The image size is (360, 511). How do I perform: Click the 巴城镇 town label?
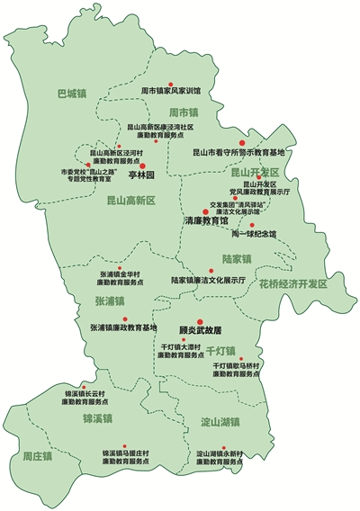70,93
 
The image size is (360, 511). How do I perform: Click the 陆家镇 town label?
237,259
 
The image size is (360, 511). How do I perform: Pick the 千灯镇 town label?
220,349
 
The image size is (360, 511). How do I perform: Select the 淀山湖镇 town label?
220,421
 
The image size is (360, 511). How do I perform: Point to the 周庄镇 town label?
38,456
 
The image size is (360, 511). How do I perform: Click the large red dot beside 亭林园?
167,166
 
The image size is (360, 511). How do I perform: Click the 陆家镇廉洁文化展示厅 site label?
209,280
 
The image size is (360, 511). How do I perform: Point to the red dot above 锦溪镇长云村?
85,385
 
